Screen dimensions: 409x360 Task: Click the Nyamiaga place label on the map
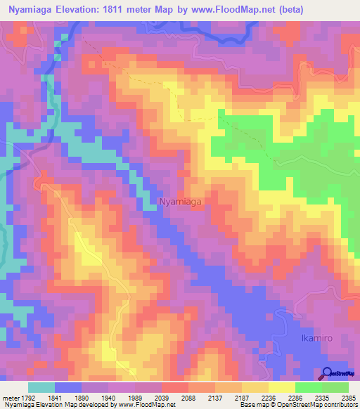[x=181, y=202]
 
